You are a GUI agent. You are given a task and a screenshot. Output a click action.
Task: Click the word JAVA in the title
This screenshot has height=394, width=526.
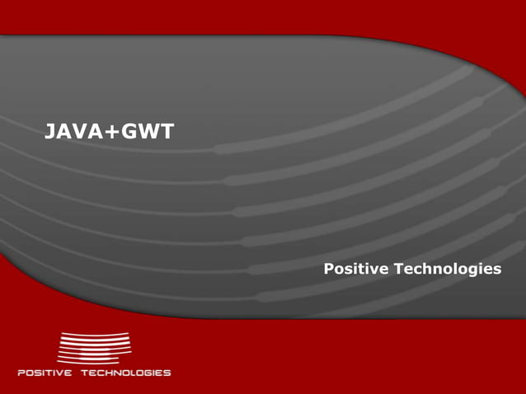click(x=73, y=131)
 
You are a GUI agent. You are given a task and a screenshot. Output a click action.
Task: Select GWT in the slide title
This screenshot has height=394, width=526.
click(x=147, y=131)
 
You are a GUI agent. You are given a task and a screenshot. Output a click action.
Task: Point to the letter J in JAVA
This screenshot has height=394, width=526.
click(x=49, y=131)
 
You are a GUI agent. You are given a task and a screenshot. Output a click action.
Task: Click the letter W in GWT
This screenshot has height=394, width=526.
click(x=148, y=131)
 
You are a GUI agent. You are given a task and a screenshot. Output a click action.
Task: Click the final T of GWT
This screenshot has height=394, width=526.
click(x=167, y=131)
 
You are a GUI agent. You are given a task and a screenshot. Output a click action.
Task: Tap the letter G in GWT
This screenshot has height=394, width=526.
click(x=128, y=131)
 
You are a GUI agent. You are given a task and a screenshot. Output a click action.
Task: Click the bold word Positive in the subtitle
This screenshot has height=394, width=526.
click(x=356, y=270)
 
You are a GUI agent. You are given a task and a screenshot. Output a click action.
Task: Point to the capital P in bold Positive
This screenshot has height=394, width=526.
click(x=328, y=270)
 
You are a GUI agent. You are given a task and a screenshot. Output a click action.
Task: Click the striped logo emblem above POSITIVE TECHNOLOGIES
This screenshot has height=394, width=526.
click(x=93, y=347)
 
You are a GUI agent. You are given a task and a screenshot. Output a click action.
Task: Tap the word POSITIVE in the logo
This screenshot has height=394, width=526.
click(x=45, y=373)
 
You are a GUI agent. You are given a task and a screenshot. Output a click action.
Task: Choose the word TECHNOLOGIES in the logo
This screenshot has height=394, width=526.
click(x=125, y=373)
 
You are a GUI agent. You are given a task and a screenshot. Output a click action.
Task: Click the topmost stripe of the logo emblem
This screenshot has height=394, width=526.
click(x=95, y=335)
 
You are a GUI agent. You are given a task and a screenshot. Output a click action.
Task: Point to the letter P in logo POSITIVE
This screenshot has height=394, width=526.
click(x=21, y=373)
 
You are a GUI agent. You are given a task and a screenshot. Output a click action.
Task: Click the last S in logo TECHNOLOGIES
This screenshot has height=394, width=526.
click(x=167, y=373)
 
